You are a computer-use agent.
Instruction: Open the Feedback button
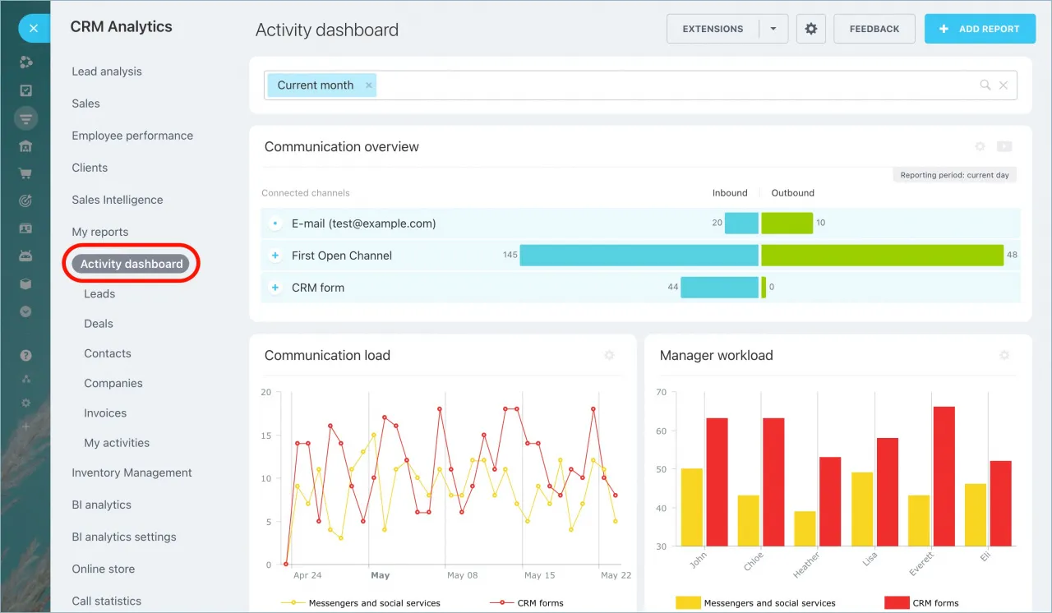874,29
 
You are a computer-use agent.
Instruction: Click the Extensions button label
713,29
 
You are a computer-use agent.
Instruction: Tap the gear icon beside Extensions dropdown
811,29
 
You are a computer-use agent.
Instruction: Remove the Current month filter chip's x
369,85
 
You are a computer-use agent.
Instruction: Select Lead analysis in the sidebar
107,71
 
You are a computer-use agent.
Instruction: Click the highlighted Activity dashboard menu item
131,264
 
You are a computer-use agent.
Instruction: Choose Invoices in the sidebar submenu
105,413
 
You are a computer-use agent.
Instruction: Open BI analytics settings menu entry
124,537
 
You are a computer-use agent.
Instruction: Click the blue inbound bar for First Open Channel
639,256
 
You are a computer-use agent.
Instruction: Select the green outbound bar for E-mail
787,224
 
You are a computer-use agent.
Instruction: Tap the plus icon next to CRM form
275,288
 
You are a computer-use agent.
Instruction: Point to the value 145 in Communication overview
510,256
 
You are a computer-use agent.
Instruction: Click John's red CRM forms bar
717,482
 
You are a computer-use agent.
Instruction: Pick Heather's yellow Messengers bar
805,528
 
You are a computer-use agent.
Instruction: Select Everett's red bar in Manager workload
944,476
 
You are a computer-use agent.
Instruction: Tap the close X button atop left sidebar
33,28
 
